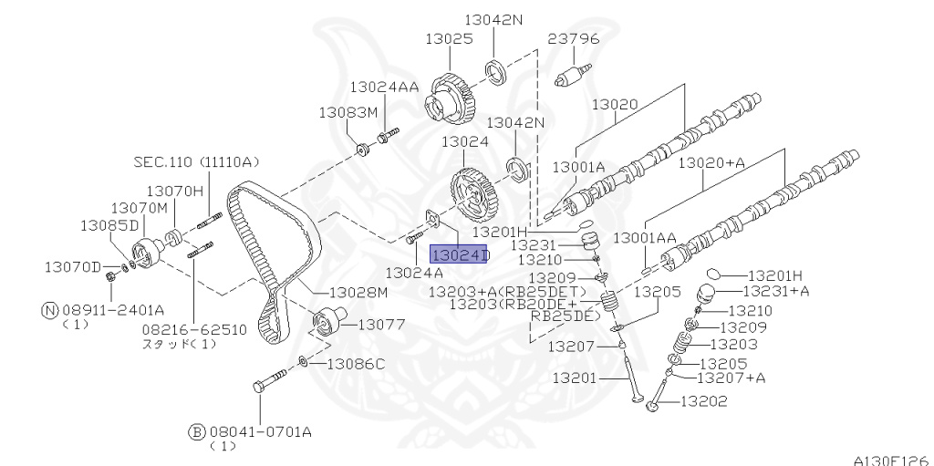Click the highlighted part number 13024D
[x=459, y=254]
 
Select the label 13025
[x=449, y=39]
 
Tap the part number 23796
[x=574, y=39]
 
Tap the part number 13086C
[x=357, y=364]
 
